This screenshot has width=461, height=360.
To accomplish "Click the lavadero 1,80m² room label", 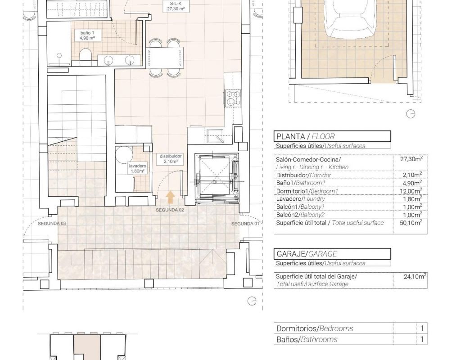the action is [138, 168].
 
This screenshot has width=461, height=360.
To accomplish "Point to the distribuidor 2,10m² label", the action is [171, 159].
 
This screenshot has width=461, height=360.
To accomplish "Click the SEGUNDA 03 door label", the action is [52, 224].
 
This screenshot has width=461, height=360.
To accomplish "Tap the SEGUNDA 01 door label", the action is [245, 224].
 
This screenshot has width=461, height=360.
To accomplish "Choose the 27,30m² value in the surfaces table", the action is [411, 159].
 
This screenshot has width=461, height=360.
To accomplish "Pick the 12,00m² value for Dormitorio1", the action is [411, 191].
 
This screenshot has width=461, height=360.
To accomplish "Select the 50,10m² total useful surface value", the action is [411, 223].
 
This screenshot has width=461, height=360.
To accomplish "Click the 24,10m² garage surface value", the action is [415, 276].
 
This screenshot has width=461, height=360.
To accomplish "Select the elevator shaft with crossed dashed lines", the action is [217, 178].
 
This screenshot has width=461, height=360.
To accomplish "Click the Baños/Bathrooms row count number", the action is [422, 339].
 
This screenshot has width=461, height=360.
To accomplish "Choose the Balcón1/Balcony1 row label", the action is [300, 207].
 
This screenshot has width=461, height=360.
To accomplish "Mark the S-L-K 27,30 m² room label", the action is [176, 6].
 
